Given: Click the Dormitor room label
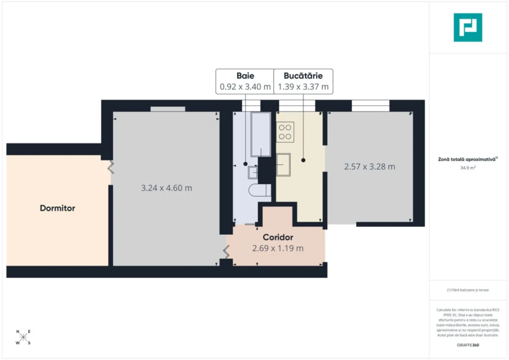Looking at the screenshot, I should pos(58,208).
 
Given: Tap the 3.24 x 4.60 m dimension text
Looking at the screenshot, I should pos(166,188).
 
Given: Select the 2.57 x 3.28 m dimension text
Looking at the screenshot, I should pos(369,167).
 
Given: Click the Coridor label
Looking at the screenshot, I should pos(278,237).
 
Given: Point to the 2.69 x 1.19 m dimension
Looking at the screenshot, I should pos(278,248).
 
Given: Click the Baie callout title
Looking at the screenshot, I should pos(245,76).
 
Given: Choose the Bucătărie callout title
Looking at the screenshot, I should pos(303,76).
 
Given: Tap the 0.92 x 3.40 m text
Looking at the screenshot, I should pos(245,87).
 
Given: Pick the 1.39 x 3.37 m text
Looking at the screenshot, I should pos(303,87).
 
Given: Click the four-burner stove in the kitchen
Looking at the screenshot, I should pos(285,132).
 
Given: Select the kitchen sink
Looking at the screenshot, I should pos(283,165).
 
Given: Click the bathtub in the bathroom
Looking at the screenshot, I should pos(261,134).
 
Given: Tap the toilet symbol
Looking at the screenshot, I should pos(259,190).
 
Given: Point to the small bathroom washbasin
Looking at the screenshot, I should pos(253,172).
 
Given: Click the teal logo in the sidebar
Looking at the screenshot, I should pos(468,27).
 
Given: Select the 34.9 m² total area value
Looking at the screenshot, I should pos(468,168).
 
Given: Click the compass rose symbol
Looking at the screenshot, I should pos(23,337).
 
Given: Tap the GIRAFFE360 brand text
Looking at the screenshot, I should pos(468,345).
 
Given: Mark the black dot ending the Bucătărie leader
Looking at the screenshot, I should pos(303,160).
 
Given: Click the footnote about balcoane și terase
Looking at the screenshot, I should pos(468,290).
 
